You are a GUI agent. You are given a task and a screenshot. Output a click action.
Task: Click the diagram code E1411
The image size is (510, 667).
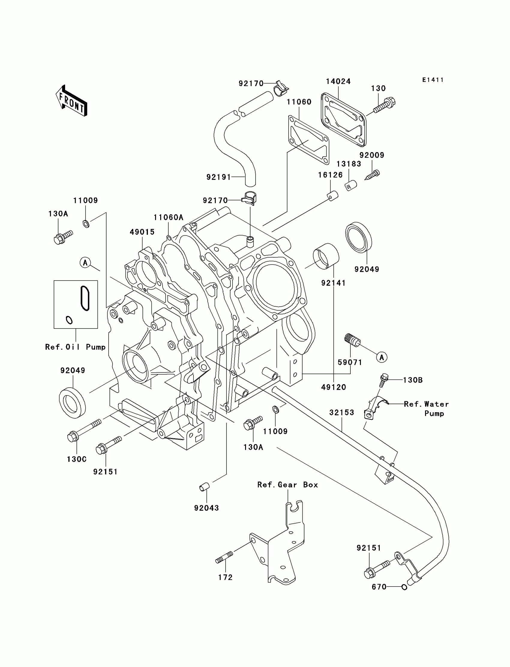coord(433,80)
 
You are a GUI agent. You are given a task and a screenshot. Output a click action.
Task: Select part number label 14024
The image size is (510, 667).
coord(338,81)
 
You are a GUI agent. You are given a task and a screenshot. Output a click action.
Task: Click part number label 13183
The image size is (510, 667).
coord(349,164)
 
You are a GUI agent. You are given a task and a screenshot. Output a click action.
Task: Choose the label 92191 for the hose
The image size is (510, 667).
coord(219,177)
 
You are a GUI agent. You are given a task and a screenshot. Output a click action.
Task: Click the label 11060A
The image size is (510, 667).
coord(169,217)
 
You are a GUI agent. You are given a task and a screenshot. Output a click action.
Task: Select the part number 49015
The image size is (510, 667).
coord(142,232)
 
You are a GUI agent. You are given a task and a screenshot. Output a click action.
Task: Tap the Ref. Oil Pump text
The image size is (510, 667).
coord(75,347)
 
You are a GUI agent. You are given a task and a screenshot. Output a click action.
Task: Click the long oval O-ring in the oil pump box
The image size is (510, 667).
coord(85,298)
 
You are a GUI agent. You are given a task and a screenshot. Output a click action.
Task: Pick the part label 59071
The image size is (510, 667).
coord(350,362)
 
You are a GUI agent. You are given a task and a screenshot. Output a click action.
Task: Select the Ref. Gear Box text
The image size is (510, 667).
coord(287,485)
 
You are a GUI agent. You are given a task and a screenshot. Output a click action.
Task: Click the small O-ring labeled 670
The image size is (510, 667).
coord(404,587)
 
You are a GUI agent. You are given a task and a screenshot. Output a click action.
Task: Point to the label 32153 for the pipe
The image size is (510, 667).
coord(342,413)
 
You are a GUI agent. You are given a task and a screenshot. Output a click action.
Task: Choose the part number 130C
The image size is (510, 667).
coord(77,459)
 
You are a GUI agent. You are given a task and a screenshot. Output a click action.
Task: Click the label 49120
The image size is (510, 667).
coord(334,387)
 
